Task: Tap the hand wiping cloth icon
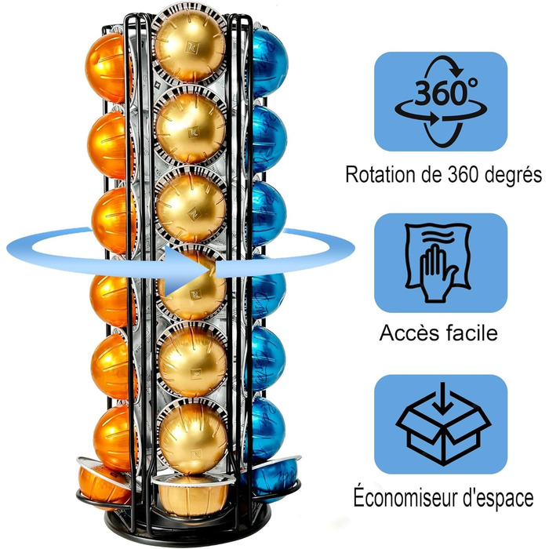coord(438,263)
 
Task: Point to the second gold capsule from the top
coord(191,127)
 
